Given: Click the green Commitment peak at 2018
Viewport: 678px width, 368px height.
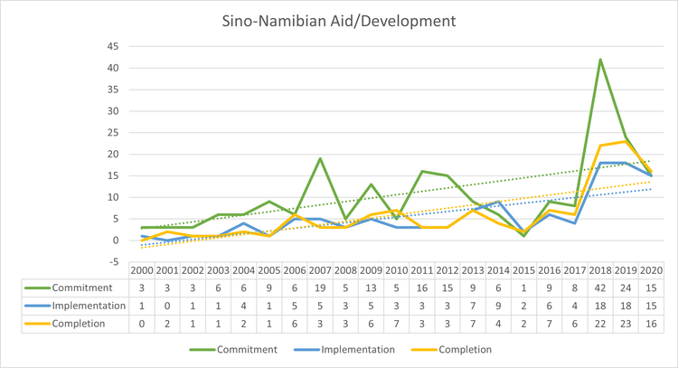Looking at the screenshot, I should (600, 60).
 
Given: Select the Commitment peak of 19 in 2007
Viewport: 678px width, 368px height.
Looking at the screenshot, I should (321, 158).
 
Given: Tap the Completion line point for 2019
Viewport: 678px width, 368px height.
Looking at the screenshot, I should (626, 141).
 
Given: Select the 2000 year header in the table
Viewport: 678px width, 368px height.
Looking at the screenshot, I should (143, 271).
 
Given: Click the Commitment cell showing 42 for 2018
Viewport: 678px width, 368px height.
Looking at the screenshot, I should (600, 288).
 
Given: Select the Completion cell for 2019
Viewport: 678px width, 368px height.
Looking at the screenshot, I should (626, 323).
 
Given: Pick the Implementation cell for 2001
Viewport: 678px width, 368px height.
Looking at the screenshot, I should (168, 306).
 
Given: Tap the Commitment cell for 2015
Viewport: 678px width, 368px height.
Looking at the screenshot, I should (523, 288).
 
